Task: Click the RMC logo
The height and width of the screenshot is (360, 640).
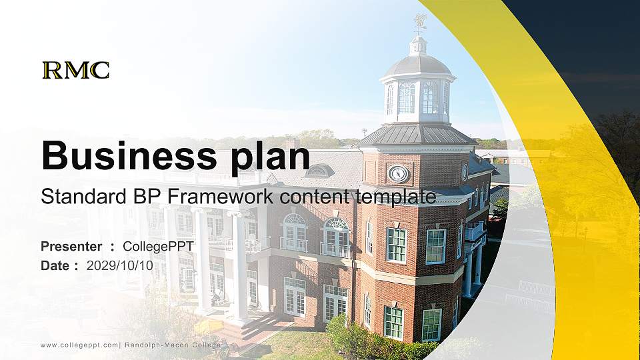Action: point(75,70)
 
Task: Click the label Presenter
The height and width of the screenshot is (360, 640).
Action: point(71,247)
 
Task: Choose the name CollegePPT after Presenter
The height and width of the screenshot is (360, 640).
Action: point(158,247)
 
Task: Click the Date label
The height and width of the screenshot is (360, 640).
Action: point(55,265)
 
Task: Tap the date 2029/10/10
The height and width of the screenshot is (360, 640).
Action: point(120,265)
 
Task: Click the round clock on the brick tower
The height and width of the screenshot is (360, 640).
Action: point(399,174)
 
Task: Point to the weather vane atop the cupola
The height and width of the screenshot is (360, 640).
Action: point(419,23)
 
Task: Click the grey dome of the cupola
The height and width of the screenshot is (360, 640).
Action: point(418,65)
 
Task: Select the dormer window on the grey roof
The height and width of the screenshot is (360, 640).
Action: point(319,171)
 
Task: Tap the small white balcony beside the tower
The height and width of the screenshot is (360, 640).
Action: point(474,231)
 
